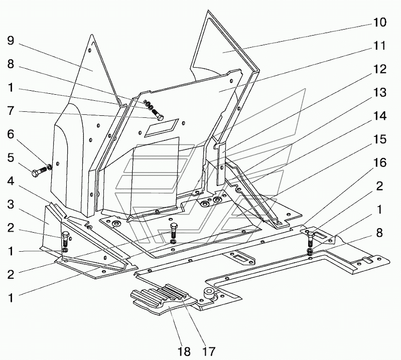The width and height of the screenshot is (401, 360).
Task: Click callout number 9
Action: point(11,41)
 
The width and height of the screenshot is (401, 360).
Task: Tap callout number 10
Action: point(380,23)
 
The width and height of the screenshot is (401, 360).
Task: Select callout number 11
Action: point(380,46)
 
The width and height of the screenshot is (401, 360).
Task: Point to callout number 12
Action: point(380,69)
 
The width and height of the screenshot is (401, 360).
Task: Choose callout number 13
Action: point(380,92)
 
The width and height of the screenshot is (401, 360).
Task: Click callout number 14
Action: point(380,116)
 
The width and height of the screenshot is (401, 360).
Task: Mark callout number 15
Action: point(380,139)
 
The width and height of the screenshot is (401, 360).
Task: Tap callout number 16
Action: point(380,163)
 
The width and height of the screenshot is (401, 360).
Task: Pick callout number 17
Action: point(209,351)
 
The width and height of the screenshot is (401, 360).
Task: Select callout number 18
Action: point(184,351)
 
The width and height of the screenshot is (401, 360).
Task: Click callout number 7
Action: point(11,111)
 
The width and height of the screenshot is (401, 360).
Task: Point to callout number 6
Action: point(11,134)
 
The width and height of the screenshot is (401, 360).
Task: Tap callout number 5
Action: point(11,158)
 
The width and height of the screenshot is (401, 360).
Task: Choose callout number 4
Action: point(11,182)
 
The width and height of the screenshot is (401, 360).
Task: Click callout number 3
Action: point(11,205)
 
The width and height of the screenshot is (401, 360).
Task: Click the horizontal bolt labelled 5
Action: point(40,172)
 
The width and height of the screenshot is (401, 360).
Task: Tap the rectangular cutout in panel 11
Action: point(162,127)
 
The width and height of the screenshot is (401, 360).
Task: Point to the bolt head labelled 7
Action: point(159,118)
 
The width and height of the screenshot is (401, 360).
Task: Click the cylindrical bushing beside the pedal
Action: point(209,293)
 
